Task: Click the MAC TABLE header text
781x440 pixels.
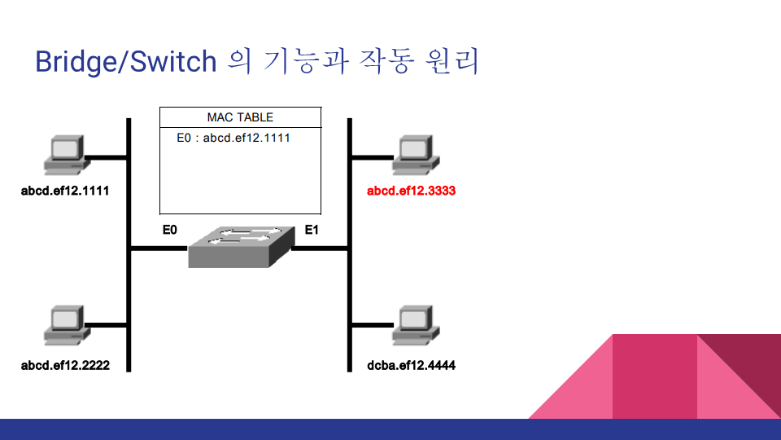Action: pyautogui.click(x=240, y=117)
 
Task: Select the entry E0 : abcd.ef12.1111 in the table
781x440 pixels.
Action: pyautogui.click(x=233, y=138)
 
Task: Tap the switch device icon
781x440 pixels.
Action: pyautogui.click(x=240, y=246)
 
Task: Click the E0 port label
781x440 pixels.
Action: pyautogui.click(x=169, y=231)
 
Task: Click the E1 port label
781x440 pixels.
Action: pyautogui.click(x=312, y=231)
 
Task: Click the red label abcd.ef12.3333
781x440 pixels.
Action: pyautogui.click(x=411, y=192)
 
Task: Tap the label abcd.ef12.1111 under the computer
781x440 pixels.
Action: pyautogui.click(x=65, y=192)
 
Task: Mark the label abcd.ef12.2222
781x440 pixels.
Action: pyautogui.click(x=65, y=366)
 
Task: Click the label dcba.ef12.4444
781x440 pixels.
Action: pyautogui.click(x=412, y=366)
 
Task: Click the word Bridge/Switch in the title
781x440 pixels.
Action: pyautogui.click(x=126, y=62)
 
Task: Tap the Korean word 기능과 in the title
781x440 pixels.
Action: pyautogui.click(x=303, y=62)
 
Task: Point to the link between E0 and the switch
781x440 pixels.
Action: pyautogui.click(x=159, y=248)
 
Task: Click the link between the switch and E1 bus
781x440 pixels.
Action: pyautogui.click(x=320, y=248)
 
